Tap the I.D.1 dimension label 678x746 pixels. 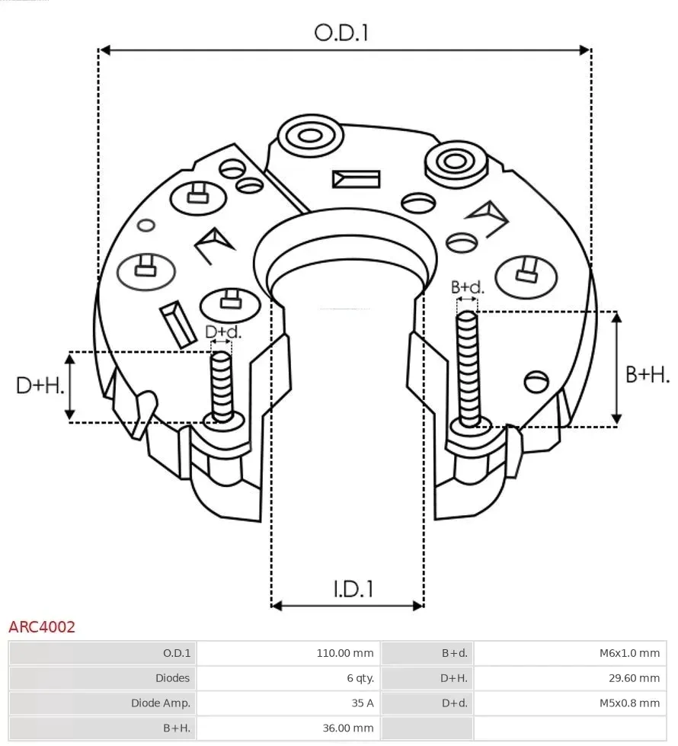tap(353, 588)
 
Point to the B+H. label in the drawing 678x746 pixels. tap(647, 375)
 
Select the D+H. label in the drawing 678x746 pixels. tap(39, 386)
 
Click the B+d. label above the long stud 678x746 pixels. tap(467, 287)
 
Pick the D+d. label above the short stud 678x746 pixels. tap(223, 332)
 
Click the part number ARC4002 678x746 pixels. tap(42, 627)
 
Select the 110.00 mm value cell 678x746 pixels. tap(345, 653)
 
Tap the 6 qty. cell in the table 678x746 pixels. tap(360, 678)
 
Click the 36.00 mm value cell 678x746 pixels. tap(348, 728)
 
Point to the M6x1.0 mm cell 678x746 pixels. tap(628, 653)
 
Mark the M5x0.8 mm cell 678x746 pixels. tap(628, 703)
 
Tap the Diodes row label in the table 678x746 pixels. tap(173, 678)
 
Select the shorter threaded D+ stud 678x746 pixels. tap(222, 385)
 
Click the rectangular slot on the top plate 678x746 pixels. tap(356, 179)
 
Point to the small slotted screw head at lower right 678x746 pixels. tap(537, 379)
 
